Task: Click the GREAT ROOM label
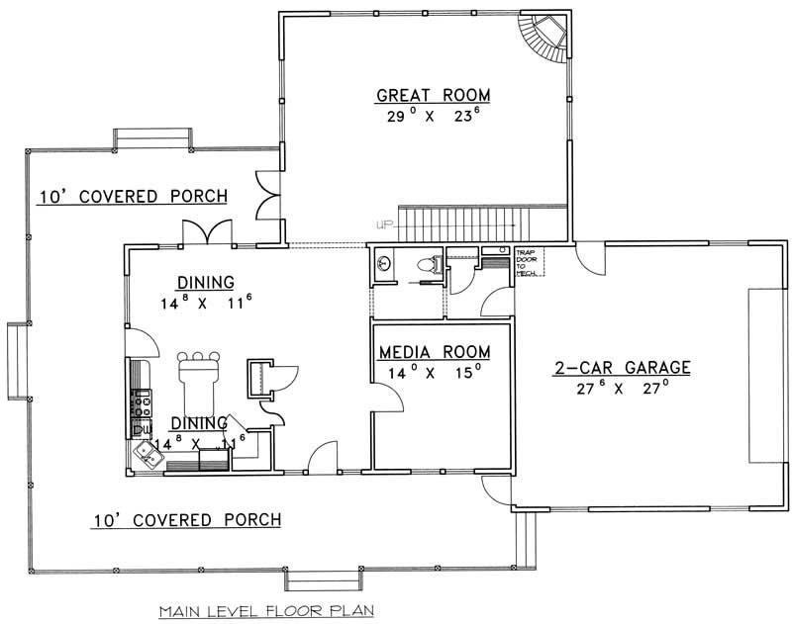tap(433, 96)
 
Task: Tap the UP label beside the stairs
tap(382, 223)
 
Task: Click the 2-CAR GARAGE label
tap(622, 368)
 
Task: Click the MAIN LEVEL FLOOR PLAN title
tap(264, 611)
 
